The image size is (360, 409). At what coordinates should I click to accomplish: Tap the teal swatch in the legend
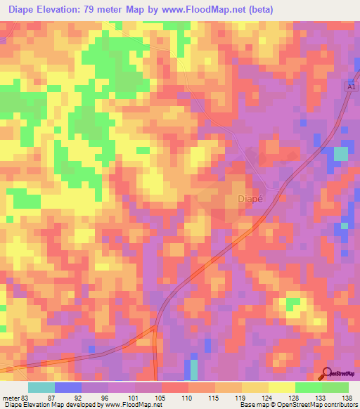tap(41, 387)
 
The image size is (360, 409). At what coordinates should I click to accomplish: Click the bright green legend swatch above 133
tap(309, 387)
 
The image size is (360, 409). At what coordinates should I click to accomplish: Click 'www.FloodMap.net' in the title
tap(212, 10)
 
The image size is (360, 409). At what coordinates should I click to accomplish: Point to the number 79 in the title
tap(108, 10)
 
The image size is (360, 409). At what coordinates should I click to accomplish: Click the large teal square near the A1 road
tap(340, 154)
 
